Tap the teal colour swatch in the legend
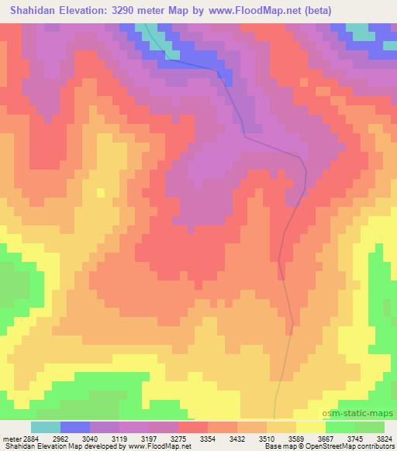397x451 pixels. tap(46, 426)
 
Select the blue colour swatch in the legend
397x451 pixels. tap(75, 426)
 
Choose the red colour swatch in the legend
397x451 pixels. tap(193, 426)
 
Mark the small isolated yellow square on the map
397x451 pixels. tap(99, 192)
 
